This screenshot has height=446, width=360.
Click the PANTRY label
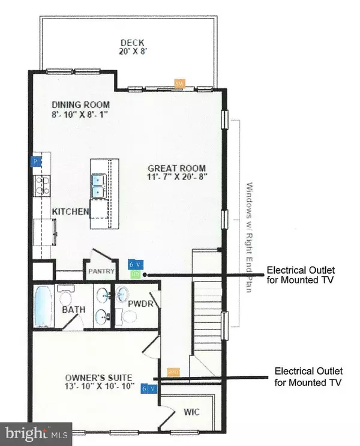coord(101,271)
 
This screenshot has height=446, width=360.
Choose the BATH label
coord(74,310)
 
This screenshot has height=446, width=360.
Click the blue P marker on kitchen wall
coord(36,161)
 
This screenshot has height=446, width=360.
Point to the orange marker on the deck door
coord(179,83)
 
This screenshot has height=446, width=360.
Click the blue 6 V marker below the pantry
coord(135,264)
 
